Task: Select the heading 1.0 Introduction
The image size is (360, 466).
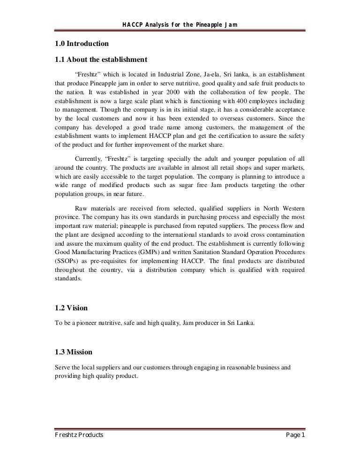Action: [x=82, y=44]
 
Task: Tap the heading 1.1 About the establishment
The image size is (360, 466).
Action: [x=101, y=60]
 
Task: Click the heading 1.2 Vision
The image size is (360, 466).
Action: [x=71, y=309]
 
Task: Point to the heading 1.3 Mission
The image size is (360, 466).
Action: [x=74, y=352]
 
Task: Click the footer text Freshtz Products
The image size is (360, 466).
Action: [x=79, y=436]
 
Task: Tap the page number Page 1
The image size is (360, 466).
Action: [x=295, y=436]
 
